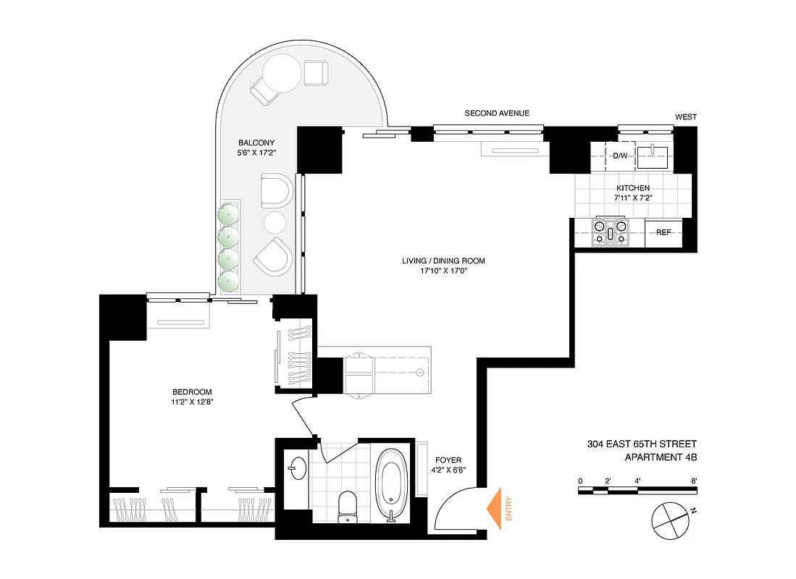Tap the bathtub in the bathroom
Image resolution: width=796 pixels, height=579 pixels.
[x=393, y=483]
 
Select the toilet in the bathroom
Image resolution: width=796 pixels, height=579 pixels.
[x=348, y=504]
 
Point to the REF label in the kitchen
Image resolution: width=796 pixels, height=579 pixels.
[x=663, y=232]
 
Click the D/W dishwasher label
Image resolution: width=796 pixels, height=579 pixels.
[x=620, y=156]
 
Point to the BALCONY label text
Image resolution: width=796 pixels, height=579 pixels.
[x=256, y=143]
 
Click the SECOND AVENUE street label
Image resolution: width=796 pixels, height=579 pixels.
[x=497, y=113]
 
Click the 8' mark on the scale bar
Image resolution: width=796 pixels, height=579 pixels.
[x=694, y=481]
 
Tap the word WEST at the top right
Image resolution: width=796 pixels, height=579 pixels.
[x=685, y=117]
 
